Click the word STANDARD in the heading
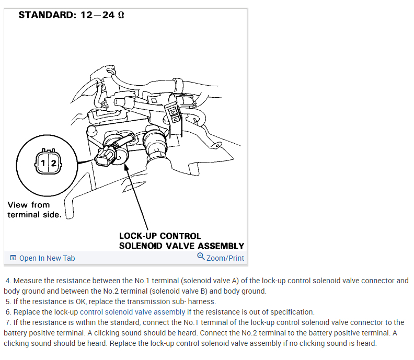(x=47, y=15)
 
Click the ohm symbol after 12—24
(x=121, y=15)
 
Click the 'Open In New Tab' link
(x=47, y=258)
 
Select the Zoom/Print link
(x=225, y=258)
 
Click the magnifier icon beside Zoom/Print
(x=201, y=257)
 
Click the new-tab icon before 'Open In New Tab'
(x=13, y=258)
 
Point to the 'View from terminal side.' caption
(x=34, y=210)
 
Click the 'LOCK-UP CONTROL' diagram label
(x=160, y=236)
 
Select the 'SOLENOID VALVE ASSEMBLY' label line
(x=181, y=246)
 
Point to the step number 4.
(x=8, y=281)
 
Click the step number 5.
(x=8, y=301)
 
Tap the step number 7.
(x=8, y=322)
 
